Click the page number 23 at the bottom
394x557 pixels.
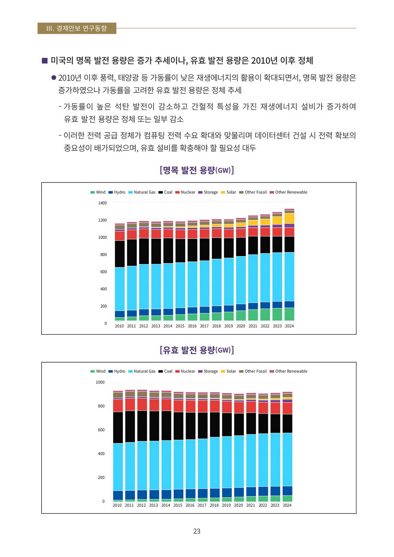pos(197,531)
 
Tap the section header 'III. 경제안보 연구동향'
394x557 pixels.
pos(77,28)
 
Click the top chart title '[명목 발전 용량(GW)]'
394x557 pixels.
pos(197,170)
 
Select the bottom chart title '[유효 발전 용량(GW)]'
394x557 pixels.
pos(197,350)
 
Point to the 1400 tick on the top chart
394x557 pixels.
pos(102,203)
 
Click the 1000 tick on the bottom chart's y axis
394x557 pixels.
pos(100,382)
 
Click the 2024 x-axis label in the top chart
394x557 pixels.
pos(289,326)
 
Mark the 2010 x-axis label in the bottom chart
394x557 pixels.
pos(117,505)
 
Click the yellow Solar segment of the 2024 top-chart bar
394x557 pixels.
pos(289,218)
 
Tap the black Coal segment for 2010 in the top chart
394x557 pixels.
pos(120,254)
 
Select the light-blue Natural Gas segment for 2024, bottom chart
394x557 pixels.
pos(287,459)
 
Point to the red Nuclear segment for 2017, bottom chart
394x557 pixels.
pos(202,406)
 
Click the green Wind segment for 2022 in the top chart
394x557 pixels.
pos(265,315)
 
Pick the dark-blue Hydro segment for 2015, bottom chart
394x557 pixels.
pos(178,494)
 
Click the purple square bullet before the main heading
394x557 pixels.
pos(45,61)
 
